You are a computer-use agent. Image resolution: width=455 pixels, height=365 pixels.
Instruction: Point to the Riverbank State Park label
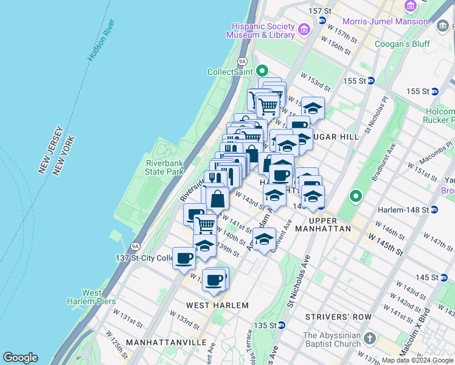[164, 167]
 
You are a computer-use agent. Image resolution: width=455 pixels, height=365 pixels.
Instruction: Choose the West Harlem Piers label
[83, 297]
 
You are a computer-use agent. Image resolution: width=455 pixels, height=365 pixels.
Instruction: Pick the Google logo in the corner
[20, 358]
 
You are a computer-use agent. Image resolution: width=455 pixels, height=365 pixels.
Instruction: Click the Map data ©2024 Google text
[417, 360]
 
